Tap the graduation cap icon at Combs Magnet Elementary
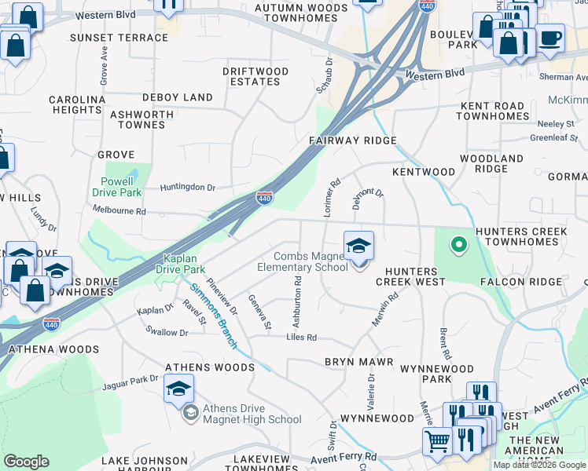[x=358, y=246]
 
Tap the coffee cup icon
[x=549, y=36]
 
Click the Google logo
[x=26, y=462]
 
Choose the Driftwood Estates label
[x=255, y=76]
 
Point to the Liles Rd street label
[x=300, y=338]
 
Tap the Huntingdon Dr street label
[x=187, y=188]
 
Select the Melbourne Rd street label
[x=119, y=211]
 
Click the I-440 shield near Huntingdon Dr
[x=264, y=199]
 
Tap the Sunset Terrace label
[x=119, y=38]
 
